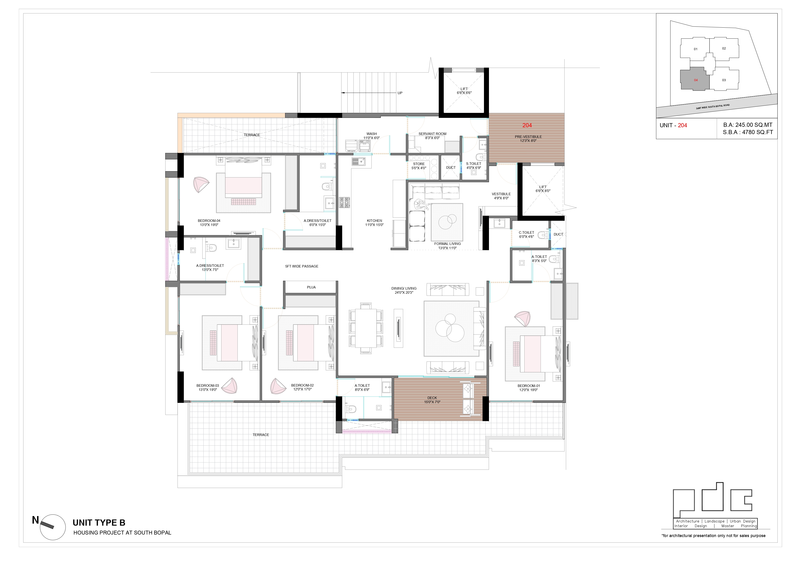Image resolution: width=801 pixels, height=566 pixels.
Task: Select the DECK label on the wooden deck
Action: [432, 398]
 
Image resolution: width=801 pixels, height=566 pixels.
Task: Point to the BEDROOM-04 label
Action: [209, 221]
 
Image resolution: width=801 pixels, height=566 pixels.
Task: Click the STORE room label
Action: [419, 164]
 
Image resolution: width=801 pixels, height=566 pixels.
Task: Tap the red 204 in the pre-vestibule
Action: [527, 125]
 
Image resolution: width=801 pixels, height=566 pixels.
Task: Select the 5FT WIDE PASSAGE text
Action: [302, 266]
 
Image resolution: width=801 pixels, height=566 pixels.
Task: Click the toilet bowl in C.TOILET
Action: [543, 235]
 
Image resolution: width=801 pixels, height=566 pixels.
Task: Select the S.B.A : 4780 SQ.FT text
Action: [748, 132]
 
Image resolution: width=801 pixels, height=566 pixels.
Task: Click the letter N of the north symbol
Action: [35, 520]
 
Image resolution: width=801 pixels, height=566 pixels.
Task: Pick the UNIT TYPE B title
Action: [99, 523]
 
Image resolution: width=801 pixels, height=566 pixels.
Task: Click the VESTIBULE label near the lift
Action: [501, 194]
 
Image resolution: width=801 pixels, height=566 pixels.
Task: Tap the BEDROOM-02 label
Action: [302, 385]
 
